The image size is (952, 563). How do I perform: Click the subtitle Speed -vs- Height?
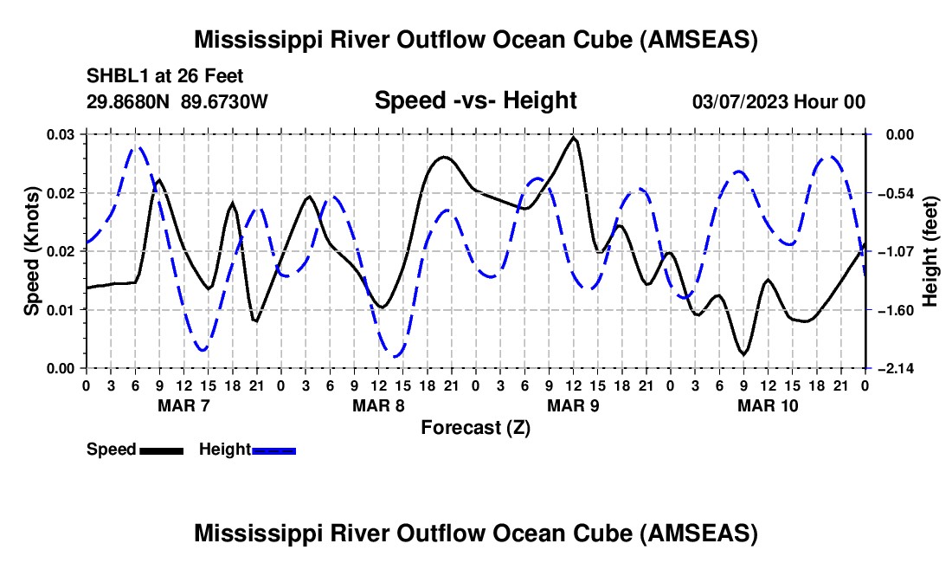475,100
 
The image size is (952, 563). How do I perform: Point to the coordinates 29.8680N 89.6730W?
177,101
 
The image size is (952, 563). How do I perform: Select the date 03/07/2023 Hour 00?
779,101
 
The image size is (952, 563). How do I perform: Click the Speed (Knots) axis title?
31,251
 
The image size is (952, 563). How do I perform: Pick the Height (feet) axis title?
930,251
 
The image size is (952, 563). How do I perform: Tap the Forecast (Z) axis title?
475,427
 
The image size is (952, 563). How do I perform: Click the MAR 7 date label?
183,405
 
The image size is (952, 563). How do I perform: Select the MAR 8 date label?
378,405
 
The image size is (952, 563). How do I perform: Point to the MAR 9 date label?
573,405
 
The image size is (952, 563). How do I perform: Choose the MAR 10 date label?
768,405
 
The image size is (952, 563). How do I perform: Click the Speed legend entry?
135,450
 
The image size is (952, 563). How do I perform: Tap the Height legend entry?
248,450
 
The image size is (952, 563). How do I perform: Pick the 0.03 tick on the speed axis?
62,134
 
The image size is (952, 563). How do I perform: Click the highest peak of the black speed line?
574,138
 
